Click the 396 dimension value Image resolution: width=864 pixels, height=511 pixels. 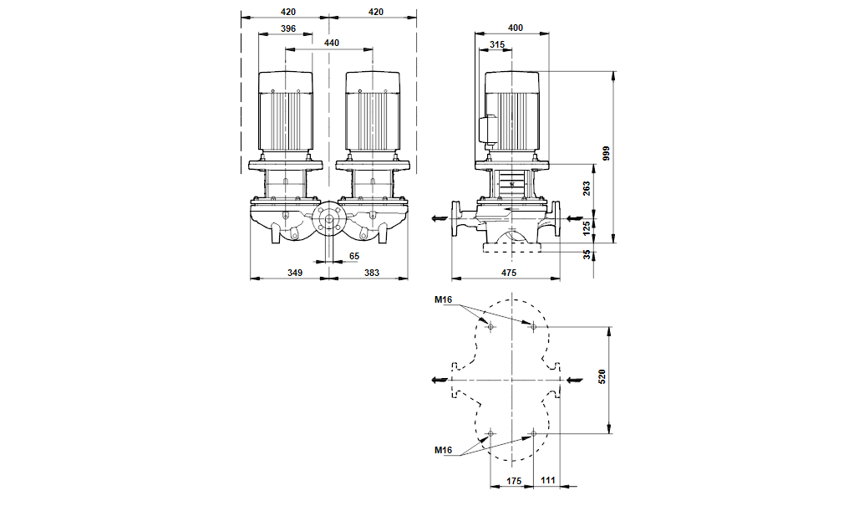(288, 28)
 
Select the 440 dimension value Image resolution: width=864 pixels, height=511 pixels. (332, 43)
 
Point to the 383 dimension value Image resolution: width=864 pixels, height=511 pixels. (371, 272)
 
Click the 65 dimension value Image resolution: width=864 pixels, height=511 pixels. (354, 255)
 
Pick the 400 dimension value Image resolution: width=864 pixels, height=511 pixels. (515, 28)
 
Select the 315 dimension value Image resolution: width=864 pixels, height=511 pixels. (497, 44)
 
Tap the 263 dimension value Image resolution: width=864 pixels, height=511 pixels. (587, 188)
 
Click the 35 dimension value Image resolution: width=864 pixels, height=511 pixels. (587, 254)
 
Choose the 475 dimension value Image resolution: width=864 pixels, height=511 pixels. (509, 272)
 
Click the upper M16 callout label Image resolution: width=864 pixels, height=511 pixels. (443, 299)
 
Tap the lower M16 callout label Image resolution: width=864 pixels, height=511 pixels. (443, 451)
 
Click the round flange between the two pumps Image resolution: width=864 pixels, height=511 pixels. (328, 222)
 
